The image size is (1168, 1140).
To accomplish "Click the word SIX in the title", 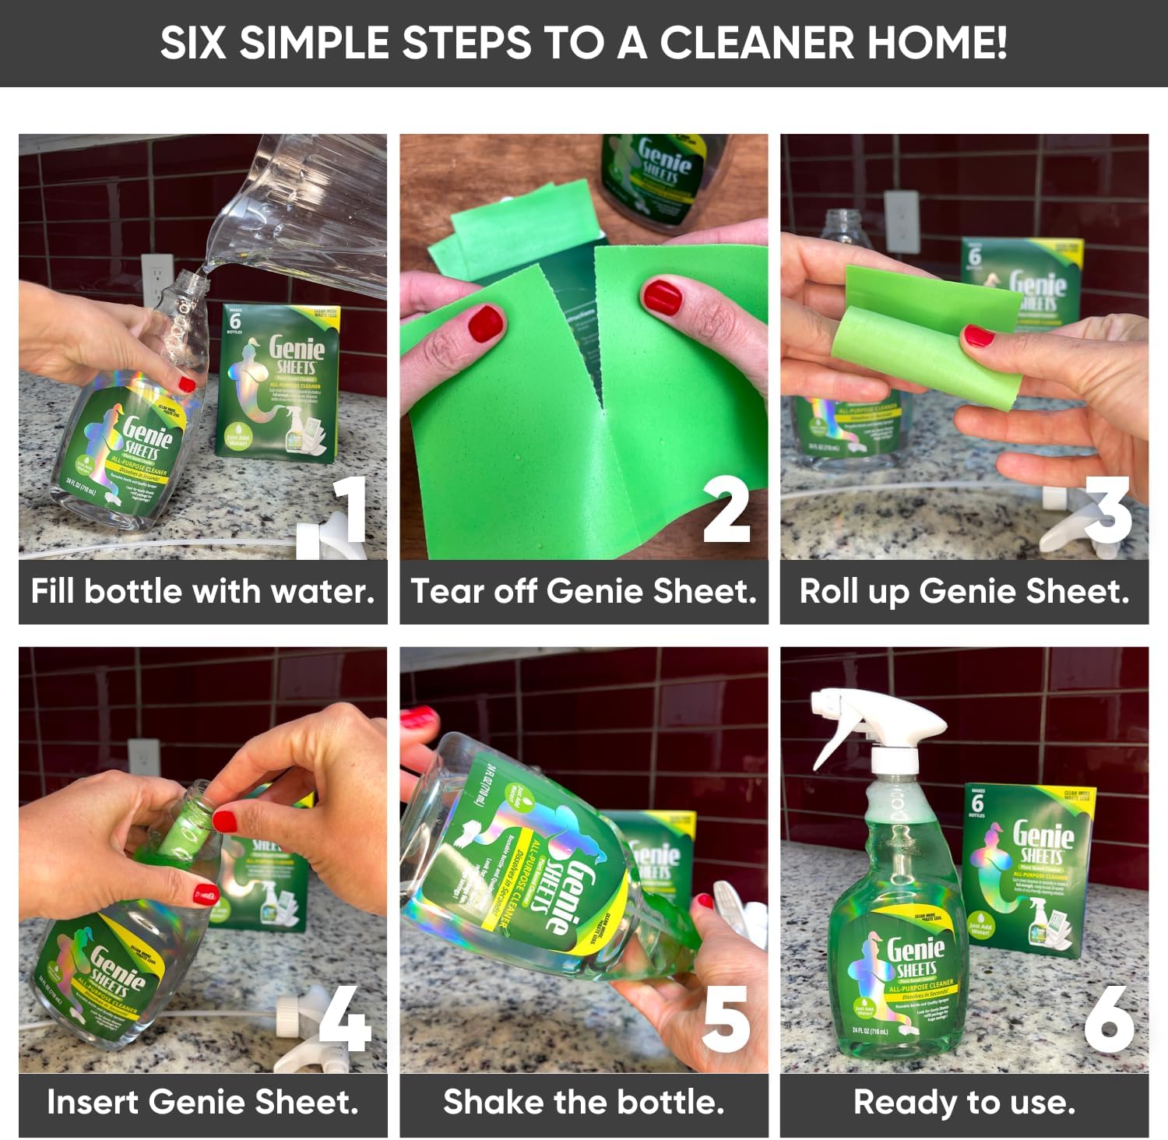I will tap(195, 43).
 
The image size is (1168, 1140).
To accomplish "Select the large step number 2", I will tap(726, 509).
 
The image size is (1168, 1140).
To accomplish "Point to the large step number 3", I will tap(1109, 509).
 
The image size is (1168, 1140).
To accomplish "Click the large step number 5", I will tap(726, 1019).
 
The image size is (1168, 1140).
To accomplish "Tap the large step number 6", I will tap(1109, 1019).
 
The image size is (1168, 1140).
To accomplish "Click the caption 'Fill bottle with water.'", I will tap(202, 592).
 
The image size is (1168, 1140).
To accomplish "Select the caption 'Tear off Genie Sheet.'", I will tap(584, 592).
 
